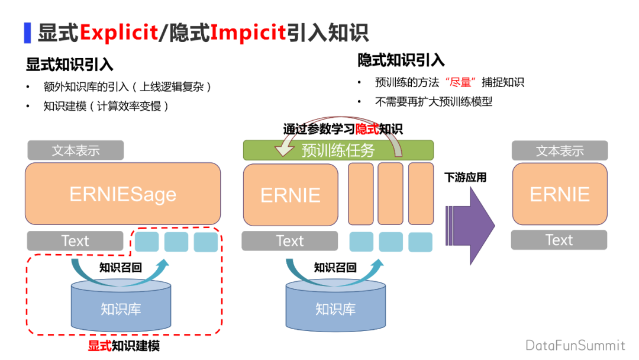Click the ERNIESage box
[x=122, y=194]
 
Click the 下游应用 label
[x=466, y=177]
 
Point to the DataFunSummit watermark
[x=575, y=345]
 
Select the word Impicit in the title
[x=248, y=32]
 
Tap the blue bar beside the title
[x=27, y=33]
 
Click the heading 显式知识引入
[x=69, y=64]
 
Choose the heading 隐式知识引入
[x=401, y=60]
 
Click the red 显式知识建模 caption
[x=124, y=345]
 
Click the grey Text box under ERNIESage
[x=75, y=241]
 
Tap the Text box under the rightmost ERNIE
[x=559, y=240]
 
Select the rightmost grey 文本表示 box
[x=560, y=150]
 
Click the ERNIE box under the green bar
[x=291, y=195]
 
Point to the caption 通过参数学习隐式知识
[x=343, y=128]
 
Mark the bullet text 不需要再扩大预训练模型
[x=434, y=101]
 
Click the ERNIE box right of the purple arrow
[x=560, y=194]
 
